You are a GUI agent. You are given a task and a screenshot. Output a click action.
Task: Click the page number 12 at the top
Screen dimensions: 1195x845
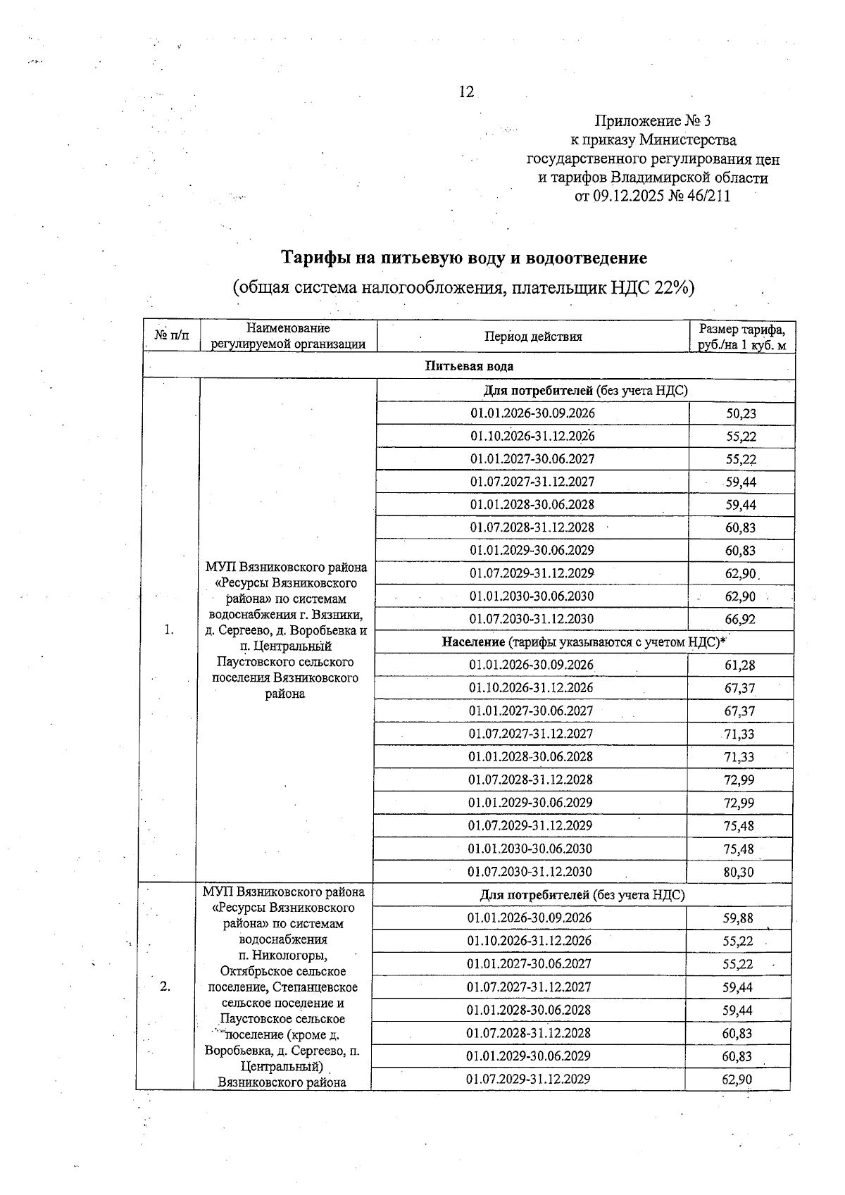[x=466, y=92]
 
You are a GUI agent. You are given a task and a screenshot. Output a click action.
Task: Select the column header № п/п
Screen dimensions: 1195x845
[x=171, y=336]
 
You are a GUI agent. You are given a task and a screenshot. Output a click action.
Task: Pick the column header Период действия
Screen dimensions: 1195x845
[x=533, y=337]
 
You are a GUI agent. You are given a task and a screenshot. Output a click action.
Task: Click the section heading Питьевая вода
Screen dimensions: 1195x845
[x=469, y=366]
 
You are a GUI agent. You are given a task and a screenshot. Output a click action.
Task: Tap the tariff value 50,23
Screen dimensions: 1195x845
[x=741, y=414]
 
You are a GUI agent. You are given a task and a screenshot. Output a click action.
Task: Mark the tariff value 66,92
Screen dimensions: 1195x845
[x=740, y=620]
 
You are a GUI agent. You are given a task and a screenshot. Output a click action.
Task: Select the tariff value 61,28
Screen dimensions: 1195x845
[x=739, y=665]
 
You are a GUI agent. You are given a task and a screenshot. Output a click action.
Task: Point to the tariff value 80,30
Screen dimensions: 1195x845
[x=739, y=872]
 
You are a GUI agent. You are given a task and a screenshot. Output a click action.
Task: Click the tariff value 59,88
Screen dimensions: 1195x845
[x=737, y=918]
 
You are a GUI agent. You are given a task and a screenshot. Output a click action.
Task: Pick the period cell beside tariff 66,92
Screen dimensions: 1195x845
[x=531, y=620]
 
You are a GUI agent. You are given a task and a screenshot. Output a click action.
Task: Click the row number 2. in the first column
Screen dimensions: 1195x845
[x=165, y=986]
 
